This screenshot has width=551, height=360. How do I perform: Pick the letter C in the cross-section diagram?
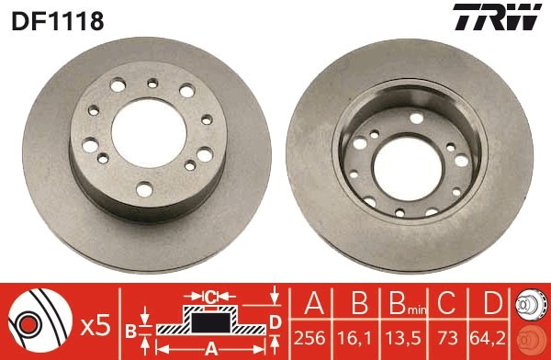pos(210,296)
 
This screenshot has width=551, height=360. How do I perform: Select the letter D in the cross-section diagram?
pos(275,321)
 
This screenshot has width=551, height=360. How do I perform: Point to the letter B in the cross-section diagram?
pos(131,329)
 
